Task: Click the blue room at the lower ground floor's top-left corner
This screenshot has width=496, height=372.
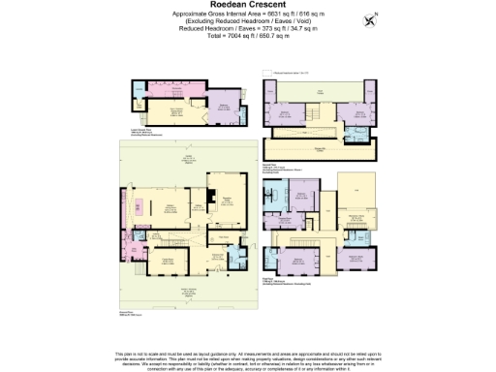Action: [134, 88]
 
